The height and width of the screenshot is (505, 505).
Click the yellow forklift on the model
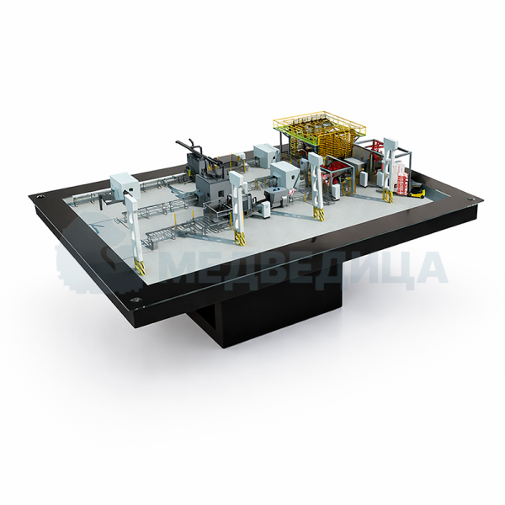(416, 191)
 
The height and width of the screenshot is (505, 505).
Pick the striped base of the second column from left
(239, 238)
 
